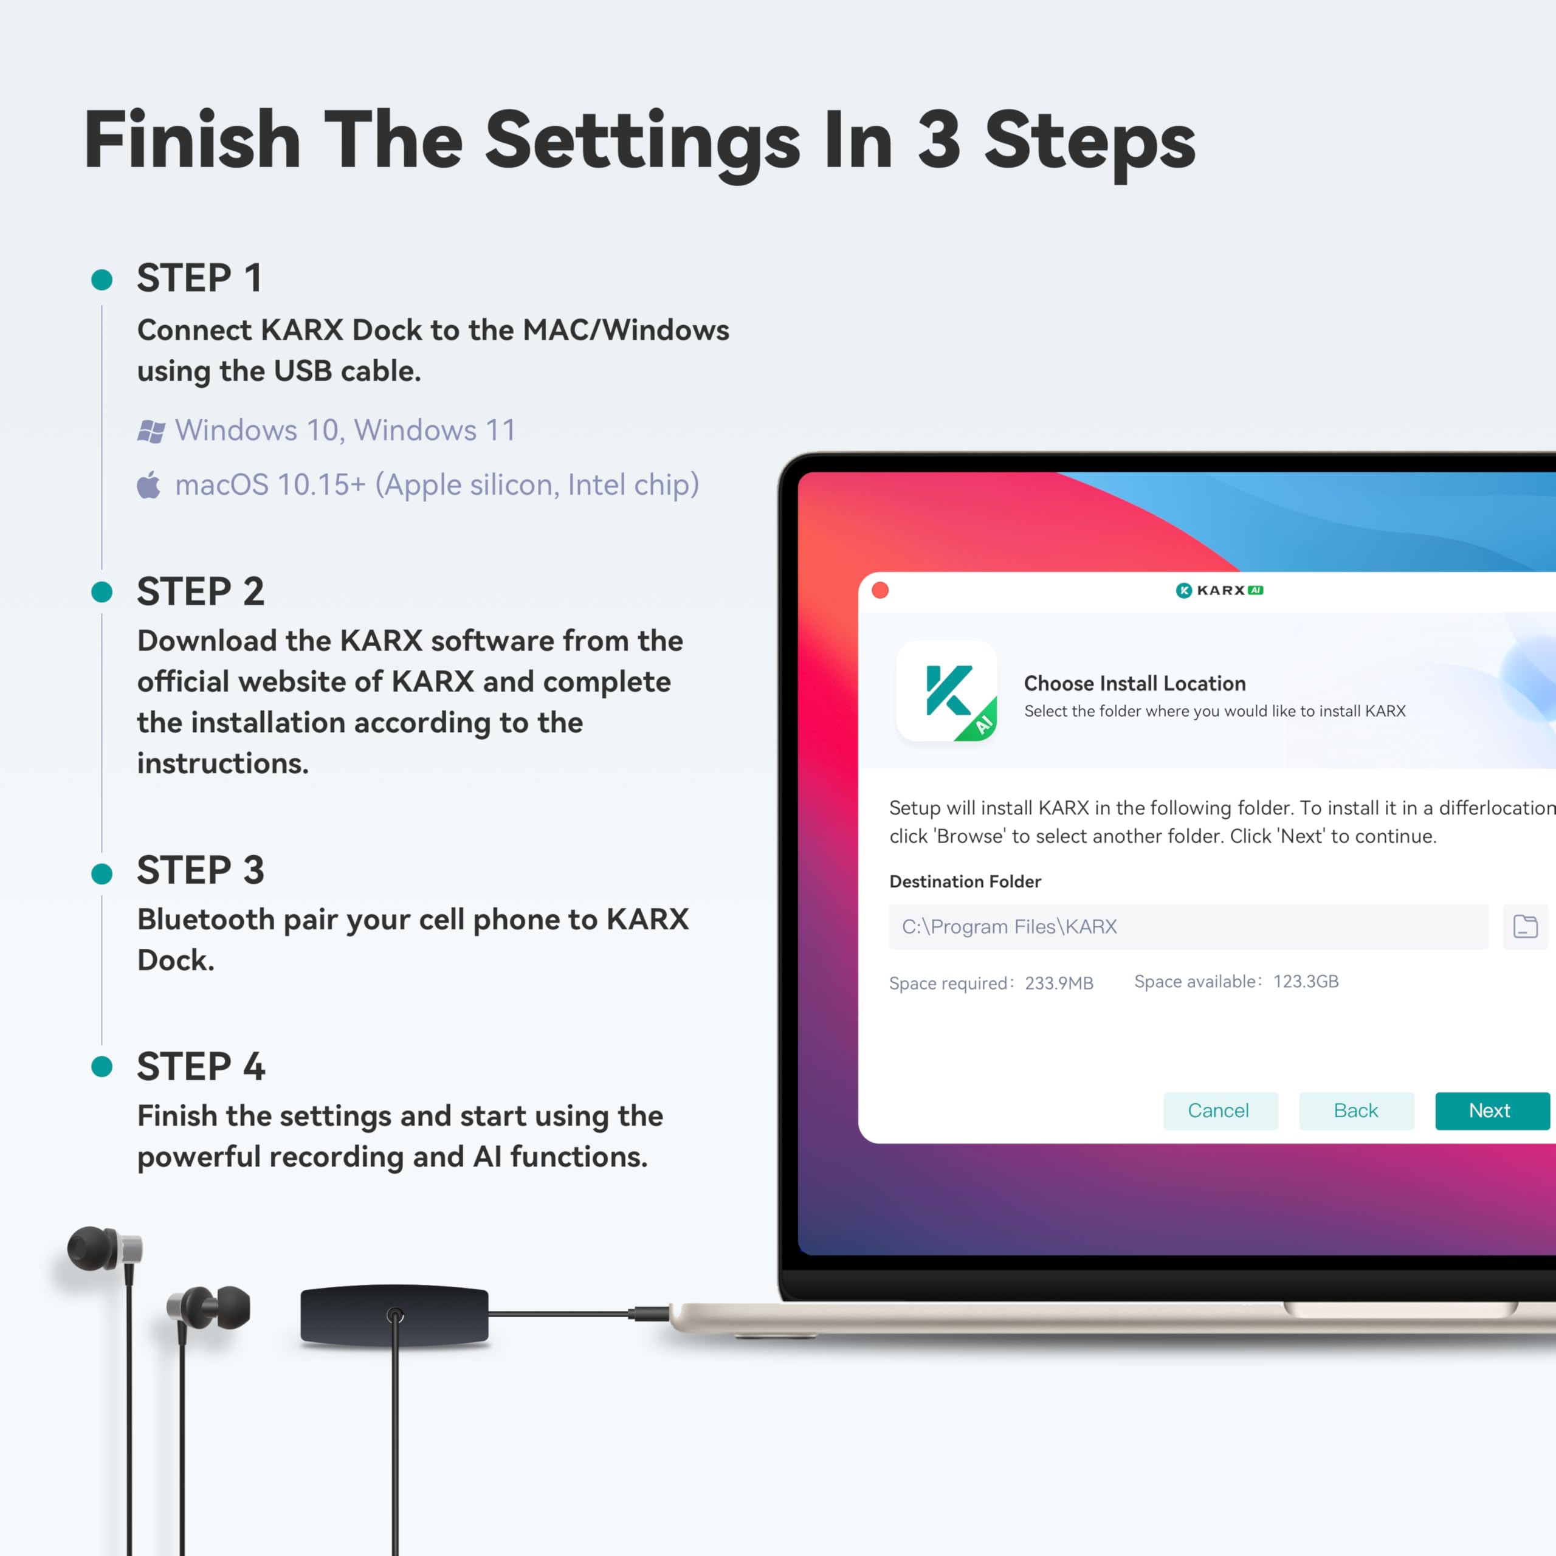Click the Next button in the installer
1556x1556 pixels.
point(1492,1110)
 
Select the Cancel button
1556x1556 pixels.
point(1219,1110)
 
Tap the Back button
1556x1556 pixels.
point(1356,1110)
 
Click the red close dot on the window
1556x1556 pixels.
point(880,590)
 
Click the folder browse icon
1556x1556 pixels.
point(1524,926)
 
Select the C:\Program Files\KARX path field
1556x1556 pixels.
point(1188,926)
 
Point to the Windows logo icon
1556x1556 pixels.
point(151,432)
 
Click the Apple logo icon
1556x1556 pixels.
point(149,486)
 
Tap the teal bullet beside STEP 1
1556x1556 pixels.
point(102,280)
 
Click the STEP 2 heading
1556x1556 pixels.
point(201,592)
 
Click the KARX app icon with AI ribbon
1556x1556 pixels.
point(947,691)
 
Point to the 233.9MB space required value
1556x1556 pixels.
point(1058,983)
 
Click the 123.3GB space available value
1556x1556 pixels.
point(1306,982)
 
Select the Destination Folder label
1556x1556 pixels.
point(965,882)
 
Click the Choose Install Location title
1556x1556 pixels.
point(1134,684)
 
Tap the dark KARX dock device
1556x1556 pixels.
point(394,1315)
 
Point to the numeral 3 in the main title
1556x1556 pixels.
point(939,140)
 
